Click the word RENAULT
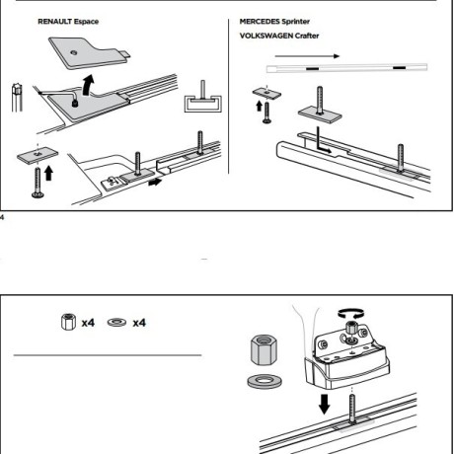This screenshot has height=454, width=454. pyautogui.click(x=54, y=22)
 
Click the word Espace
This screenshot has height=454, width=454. pyautogui.click(x=86, y=22)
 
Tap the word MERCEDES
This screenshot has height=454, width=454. pyautogui.click(x=260, y=22)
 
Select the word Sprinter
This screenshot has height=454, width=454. pyautogui.click(x=296, y=22)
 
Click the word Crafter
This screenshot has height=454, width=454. pyautogui.click(x=307, y=36)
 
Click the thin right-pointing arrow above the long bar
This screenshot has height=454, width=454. pyautogui.click(x=307, y=56)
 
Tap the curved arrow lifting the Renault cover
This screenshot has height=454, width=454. pyautogui.click(x=88, y=85)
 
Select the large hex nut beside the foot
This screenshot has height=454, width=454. pyautogui.click(x=264, y=349)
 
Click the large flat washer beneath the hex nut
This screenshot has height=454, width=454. pyautogui.click(x=265, y=381)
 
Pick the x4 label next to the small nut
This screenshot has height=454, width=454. pyautogui.click(x=88, y=323)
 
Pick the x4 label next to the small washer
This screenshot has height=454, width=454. pyautogui.click(x=139, y=323)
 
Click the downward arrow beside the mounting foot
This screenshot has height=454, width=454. pyautogui.click(x=325, y=404)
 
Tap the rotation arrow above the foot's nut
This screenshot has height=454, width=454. pyautogui.click(x=351, y=313)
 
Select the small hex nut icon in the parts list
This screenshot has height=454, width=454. pyautogui.click(x=68, y=322)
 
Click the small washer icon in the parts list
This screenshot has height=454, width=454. pyautogui.click(x=116, y=322)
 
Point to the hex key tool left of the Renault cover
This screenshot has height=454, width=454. pyautogui.click(x=17, y=98)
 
